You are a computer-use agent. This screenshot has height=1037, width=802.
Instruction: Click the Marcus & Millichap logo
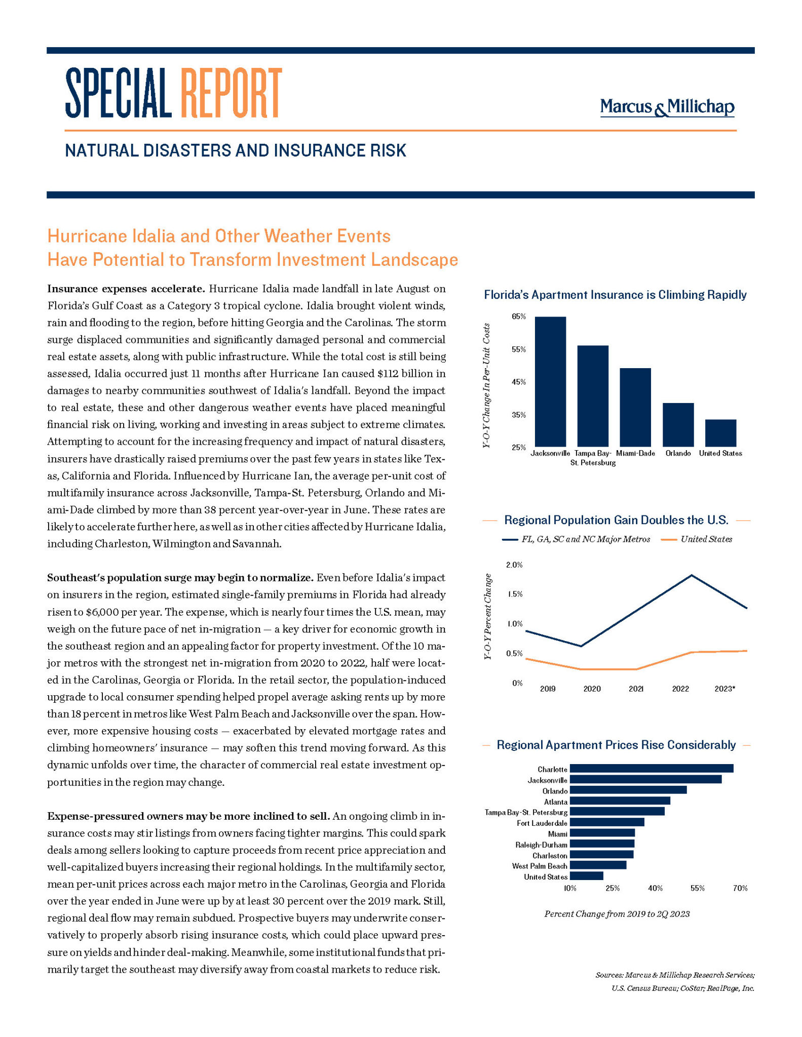click(x=667, y=107)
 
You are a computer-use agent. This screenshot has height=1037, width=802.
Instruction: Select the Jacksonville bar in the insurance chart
click(x=550, y=381)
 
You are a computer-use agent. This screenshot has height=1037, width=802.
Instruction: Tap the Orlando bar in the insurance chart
click(x=678, y=424)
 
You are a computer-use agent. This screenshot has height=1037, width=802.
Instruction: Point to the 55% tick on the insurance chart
click(x=518, y=349)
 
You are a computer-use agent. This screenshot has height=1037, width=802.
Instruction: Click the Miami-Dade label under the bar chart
click(x=635, y=453)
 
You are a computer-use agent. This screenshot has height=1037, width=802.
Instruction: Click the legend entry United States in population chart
click(x=706, y=539)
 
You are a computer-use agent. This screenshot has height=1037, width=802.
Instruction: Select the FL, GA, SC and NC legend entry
click(x=585, y=539)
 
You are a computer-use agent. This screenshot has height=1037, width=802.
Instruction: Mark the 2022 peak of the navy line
click(x=691, y=575)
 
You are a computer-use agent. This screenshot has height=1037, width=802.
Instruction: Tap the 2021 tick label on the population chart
click(x=636, y=689)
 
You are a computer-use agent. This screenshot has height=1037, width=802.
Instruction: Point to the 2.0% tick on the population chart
click(x=514, y=565)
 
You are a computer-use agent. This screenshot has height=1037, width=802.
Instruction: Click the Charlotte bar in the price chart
click(x=651, y=769)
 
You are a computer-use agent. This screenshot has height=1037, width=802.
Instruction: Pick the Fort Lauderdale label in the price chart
click(x=542, y=823)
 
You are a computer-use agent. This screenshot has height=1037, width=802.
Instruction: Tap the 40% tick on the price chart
click(x=655, y=888)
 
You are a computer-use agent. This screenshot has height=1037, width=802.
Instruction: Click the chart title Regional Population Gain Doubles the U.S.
click(x=616, y=520)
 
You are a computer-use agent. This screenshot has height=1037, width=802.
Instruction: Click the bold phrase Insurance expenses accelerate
click(x=126, y=289)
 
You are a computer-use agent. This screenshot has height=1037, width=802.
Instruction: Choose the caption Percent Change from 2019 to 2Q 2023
click(x=617, y=914)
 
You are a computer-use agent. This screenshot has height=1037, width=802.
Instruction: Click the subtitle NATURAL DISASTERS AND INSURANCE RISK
click(x=236, y=150)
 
